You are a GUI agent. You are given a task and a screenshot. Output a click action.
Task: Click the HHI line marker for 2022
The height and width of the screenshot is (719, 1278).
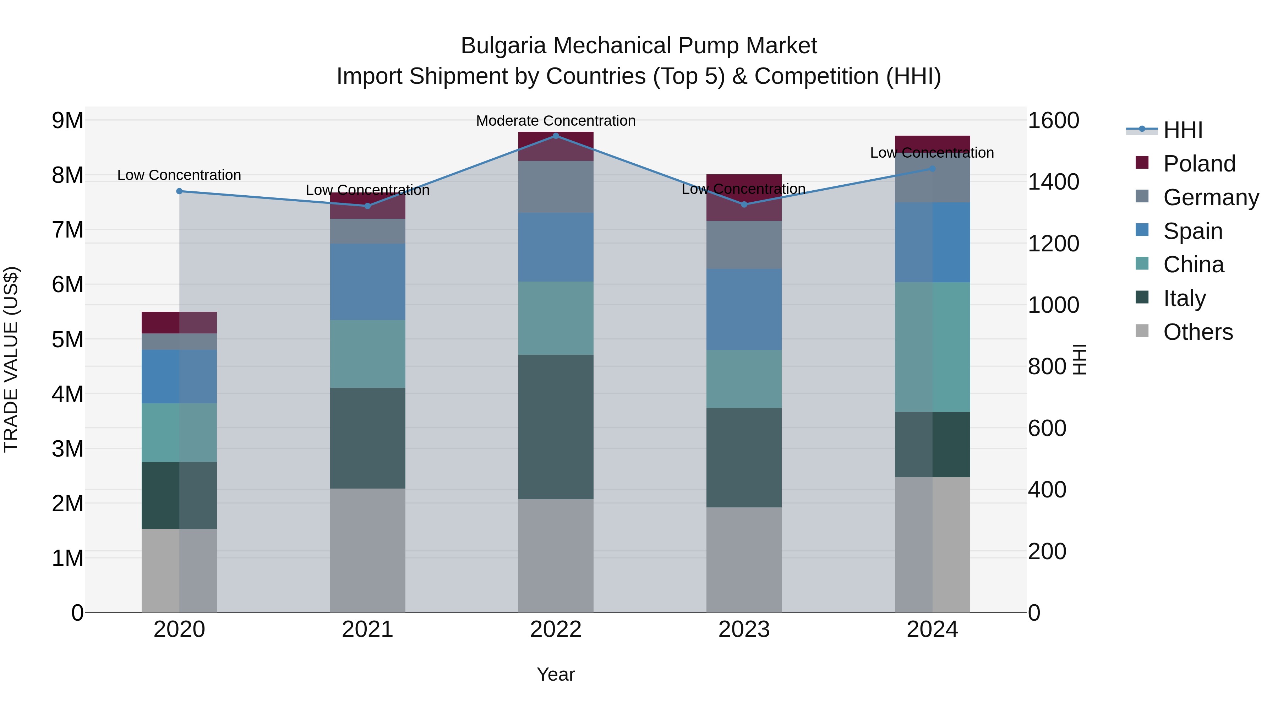[x=556, y=136]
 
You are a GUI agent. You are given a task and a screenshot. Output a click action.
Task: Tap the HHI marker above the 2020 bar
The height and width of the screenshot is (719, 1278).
[x=180, y=191]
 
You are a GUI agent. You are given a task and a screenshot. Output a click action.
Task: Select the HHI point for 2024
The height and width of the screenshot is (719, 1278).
[x=932, y=169]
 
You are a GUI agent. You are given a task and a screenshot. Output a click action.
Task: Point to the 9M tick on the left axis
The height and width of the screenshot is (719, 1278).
[x=67, y=121]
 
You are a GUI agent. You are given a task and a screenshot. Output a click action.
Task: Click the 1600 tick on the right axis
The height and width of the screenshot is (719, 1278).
[x=1053, y=121]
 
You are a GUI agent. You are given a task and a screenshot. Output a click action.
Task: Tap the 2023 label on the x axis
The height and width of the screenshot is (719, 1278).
[x=744, y=630]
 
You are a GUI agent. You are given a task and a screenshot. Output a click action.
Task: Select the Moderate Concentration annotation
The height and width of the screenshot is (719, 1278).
[x=556, y=121]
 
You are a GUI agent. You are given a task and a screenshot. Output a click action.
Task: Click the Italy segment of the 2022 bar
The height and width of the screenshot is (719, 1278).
[x=556, y=427]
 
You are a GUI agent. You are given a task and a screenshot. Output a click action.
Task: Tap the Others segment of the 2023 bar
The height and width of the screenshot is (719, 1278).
[x=744, y=560]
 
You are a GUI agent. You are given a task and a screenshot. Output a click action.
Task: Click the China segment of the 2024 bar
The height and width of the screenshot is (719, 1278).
[x=932, y=347]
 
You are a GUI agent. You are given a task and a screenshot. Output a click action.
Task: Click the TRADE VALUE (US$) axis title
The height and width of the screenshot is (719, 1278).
[x=11, y=359]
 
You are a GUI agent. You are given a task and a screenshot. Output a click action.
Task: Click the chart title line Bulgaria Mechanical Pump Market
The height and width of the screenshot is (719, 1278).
[x=639, y=46]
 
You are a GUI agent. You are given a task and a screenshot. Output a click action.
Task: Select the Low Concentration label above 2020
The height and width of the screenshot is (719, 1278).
[x=179, y=175]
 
